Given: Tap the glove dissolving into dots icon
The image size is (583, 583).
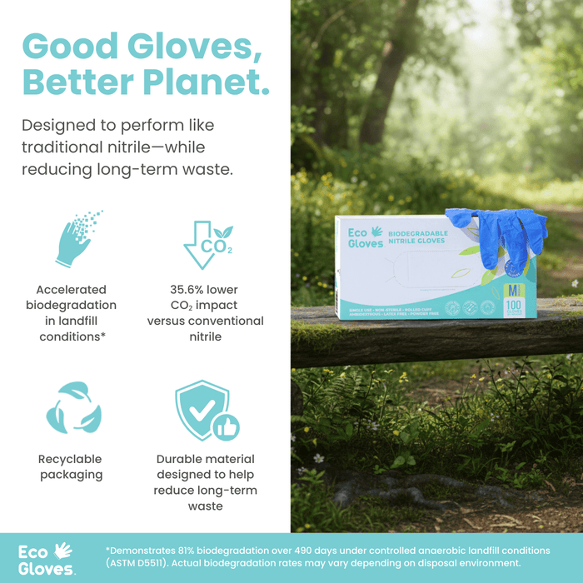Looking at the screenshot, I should (78, 240).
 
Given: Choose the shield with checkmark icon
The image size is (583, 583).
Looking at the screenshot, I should (202, 410).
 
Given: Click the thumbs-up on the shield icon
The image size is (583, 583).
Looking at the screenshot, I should (226, 426).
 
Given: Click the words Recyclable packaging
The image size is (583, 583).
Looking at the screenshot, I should (70, 467).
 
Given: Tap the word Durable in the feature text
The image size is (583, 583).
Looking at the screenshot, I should (181, 460).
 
